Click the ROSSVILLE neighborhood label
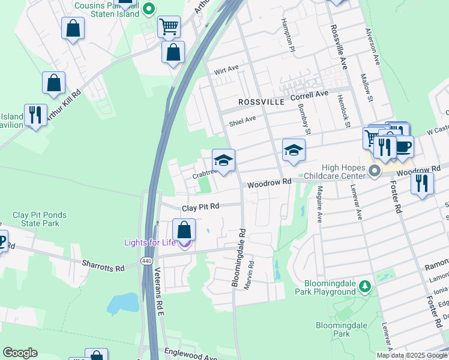261,102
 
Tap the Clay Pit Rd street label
200,206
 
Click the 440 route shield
146,261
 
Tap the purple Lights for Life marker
185,243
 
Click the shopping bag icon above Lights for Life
184,230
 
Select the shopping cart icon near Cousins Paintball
169,26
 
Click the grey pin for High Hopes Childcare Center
375,172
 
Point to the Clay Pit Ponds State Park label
40,219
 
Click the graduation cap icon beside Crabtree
223,160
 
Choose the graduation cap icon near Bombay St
294,150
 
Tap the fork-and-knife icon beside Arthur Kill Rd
35,115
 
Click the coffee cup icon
403,146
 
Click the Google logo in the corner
20,353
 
